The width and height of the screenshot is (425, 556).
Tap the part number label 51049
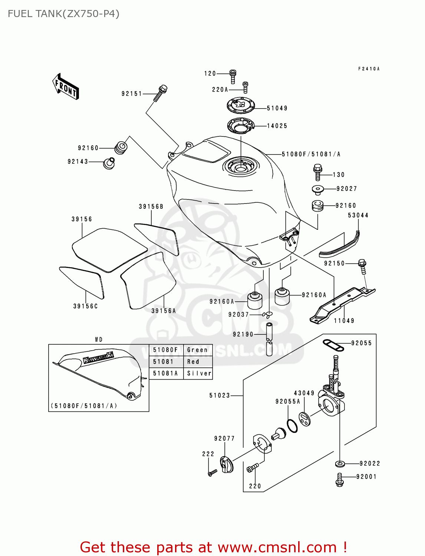(277, 108)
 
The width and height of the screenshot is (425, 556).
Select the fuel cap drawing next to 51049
(241, 105)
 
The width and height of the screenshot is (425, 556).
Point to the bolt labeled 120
(233, 77)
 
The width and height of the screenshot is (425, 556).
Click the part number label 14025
(277, 126)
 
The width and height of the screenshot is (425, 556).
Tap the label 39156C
(85, 306)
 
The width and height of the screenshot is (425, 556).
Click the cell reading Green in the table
(197, 350)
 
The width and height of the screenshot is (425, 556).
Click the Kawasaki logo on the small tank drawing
(98, 357)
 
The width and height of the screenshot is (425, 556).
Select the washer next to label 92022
(340, 463)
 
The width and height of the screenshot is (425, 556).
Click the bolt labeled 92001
(340, 480)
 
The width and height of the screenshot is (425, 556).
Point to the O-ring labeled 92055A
(292, 426)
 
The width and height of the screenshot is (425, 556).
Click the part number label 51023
(220, 396)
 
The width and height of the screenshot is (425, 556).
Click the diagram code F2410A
(369, 69)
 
